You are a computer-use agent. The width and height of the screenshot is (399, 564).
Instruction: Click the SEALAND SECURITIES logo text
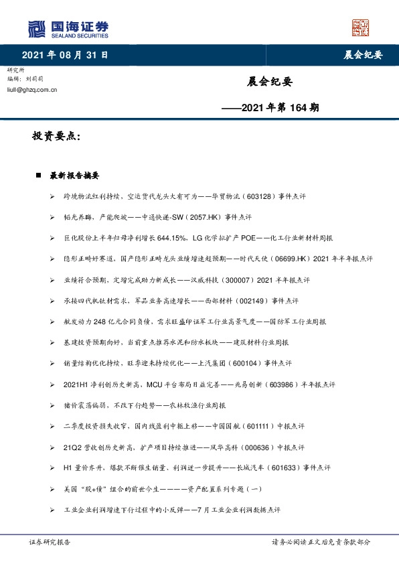(81, 36)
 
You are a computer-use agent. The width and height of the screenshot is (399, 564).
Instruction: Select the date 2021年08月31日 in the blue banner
(64, 54)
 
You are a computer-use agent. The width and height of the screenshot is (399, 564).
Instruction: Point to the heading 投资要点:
(56, 136)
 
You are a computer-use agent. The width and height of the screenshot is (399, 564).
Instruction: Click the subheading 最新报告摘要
(74, 176)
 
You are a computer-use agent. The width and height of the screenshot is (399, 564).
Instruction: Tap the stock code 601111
(264, 426)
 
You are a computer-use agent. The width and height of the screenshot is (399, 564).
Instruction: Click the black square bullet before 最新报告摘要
(39, 176)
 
